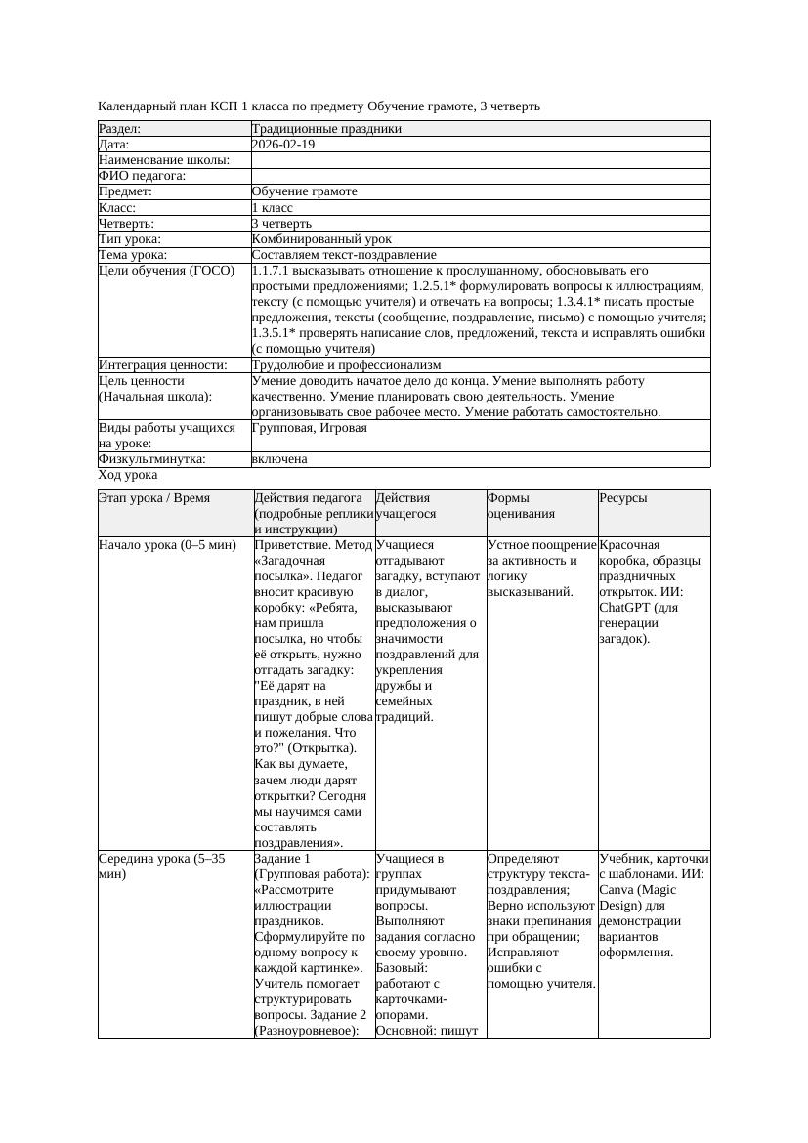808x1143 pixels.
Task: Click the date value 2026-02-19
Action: click(283, 145)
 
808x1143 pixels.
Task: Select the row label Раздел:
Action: click(120, 129)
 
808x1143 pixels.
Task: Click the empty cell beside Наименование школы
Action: click(479, 160)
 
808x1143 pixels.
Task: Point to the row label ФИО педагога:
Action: click(143, 176)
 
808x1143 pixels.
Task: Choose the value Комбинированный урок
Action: click(321, 238)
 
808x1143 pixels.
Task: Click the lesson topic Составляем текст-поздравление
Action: click(344, 254)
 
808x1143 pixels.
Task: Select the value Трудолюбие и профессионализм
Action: click(346, 364)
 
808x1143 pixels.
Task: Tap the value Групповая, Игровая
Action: click(310, 428)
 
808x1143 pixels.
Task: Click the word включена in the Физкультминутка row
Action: click(279, 459)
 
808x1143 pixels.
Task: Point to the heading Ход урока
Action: click(128, 475)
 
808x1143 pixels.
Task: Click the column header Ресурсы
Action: click(623, 498)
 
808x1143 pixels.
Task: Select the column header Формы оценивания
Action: click(522, 505)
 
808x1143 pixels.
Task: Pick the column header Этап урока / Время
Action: click(154, 498)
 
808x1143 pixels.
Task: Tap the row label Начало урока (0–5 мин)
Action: click(167, 545)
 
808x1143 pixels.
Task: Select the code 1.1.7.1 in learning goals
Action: click(273, 270)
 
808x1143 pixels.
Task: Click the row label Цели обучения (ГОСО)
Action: click(167, 270)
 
